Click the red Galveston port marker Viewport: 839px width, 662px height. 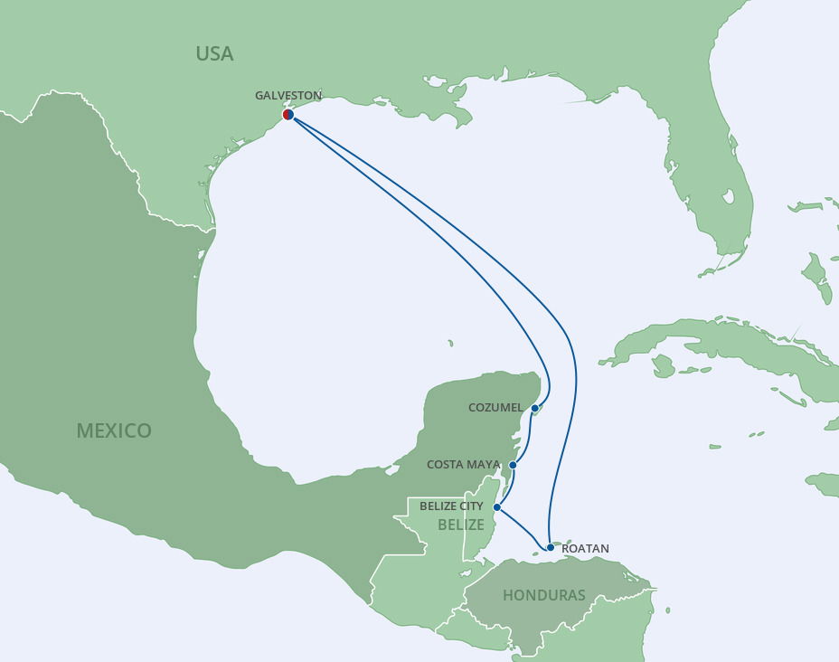[x=288, y=115]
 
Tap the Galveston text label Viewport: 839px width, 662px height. [x=288, y=95]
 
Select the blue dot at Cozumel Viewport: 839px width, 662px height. [x=535, y=408]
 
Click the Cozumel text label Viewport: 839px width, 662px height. [x=495, y=408]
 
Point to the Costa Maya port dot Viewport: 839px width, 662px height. [x=513, y=465]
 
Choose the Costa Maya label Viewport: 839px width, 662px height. [x=463, y=465]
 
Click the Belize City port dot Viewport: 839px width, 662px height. [x=497, y=507]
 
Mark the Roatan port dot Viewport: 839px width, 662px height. [x=550, y=547]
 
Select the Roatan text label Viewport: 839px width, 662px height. [x=585, y=548]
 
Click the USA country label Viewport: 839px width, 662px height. [x=214, y=53]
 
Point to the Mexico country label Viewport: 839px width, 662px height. [x=114, y=430]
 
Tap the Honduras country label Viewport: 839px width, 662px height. [x=543, y=595]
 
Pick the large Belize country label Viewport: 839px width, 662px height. [x=461, y=525]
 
